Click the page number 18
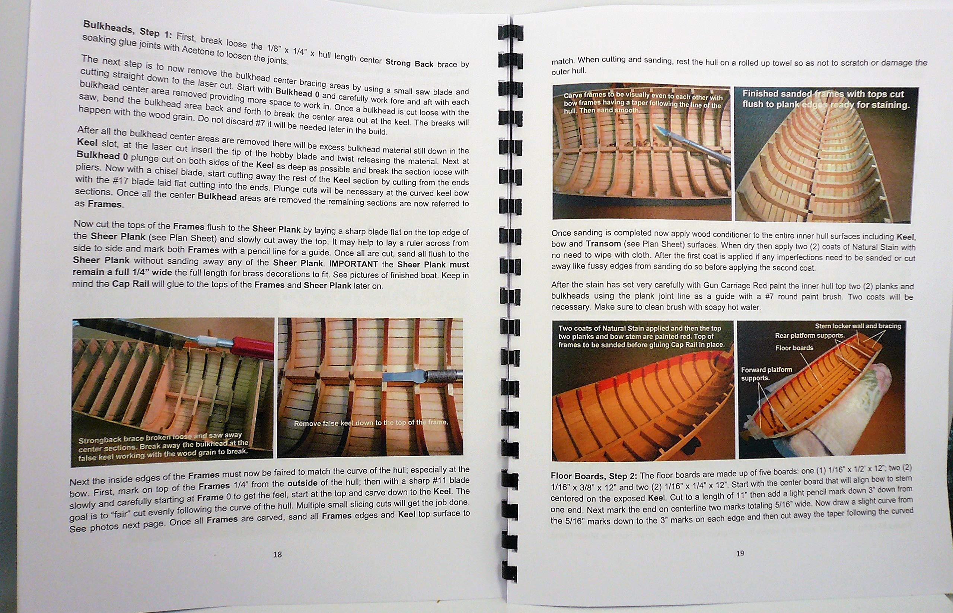tap(277, 554)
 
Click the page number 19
tap(740, 553)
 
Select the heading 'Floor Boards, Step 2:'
tap(594, 476)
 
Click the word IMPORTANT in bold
tap(353, 264)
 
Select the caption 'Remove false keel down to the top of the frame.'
tap(371, 423)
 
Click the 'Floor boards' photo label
tap(794, 348)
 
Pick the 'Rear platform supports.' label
tap(809, 336)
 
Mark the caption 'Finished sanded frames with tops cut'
tap(823, 94)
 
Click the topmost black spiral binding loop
tap(510, 32)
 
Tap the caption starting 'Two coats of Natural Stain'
tap(641, 336)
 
